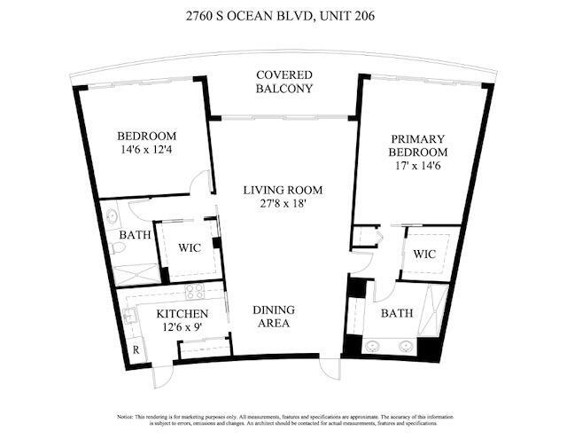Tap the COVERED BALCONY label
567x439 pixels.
pos(283,82)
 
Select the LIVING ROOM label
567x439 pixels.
pos(283,190)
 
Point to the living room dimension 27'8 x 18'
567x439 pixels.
pos(283,204)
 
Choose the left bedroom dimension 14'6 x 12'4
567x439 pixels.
pos(147,150)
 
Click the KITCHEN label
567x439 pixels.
pos(183,314)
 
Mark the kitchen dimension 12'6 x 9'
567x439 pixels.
pos(183,328)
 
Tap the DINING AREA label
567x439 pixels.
pos(273,317)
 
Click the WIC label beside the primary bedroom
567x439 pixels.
pos(425,255)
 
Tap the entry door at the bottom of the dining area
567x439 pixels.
pos(330,366)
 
